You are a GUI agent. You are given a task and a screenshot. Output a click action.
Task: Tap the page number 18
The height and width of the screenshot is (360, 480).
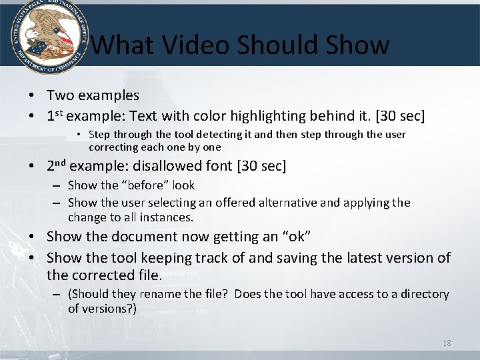pos(447,343)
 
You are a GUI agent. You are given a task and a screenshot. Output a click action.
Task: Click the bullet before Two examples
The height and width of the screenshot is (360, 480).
pos(32,96)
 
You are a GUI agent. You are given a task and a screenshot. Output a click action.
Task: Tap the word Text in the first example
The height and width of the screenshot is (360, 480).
pos(154,116)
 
